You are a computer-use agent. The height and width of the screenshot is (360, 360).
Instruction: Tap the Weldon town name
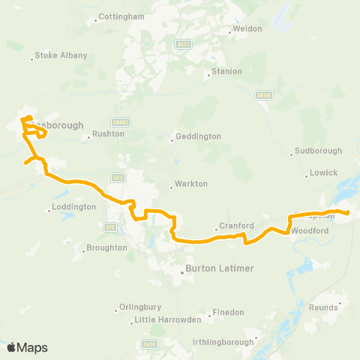(x=248, y=28)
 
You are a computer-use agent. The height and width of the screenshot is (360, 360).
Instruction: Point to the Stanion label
(x=227, y=71)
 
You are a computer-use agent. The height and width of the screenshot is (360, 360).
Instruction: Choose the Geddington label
(x=197, y=137)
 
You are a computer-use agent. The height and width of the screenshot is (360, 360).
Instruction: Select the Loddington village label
(x=75, y=207)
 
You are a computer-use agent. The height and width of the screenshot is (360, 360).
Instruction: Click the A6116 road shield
(x=262, y=96)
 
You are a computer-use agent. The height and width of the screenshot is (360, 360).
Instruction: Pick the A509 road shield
(x=148, y=344)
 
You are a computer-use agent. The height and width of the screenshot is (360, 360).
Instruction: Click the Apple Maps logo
(x=27, y=347)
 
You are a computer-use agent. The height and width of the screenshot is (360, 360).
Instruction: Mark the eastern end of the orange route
(x=348, y=213)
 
